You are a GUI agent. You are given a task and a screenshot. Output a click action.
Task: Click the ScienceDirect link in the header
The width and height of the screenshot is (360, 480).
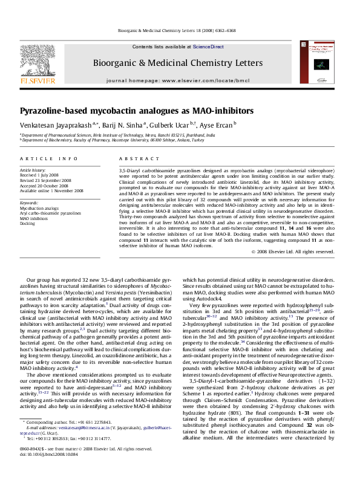[209, 47]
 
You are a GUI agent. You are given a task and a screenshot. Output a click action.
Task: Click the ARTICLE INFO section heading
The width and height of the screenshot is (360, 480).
[49, 158]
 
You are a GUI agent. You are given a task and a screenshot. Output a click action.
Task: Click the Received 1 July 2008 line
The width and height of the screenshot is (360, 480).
[44, 175]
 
